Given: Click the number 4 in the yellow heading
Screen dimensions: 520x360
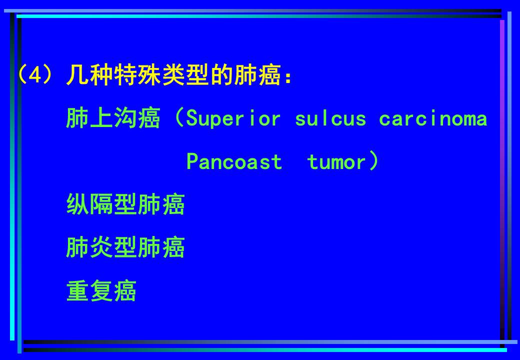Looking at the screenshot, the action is pos(35,75).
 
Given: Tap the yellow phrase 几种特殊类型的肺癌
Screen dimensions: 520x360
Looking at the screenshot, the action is pos(174,75).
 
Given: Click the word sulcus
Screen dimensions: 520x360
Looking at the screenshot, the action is pos(330,118).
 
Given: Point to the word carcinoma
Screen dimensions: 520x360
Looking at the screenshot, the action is pos(433,118).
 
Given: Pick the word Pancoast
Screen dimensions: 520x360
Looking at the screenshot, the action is pos(234,162).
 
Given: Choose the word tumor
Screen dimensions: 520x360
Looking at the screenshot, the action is pos(336,162).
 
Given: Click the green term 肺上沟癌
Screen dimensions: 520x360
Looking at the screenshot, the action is pos(113,118).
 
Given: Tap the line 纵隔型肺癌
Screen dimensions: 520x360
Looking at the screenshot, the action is pos(125,204).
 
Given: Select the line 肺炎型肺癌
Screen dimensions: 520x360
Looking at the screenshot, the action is pos(125,247).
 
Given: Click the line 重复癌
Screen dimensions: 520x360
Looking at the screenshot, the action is pos(101,290).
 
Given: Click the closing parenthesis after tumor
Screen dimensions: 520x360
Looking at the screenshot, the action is pos(373,161).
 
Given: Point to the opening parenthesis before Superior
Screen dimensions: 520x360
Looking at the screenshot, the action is pos(179,117).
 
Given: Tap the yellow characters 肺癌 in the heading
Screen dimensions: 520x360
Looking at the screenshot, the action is pos(257,75).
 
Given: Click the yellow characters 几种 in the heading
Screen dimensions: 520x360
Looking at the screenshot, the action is pos(89,75).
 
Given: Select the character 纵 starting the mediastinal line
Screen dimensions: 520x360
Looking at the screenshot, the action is pos(78,204).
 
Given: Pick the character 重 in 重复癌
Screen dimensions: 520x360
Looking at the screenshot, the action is pos(78,290).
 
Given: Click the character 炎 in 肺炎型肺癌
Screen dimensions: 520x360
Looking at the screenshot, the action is pos(102,247).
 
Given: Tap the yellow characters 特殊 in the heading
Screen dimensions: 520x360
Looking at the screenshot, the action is pos(137,75).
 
